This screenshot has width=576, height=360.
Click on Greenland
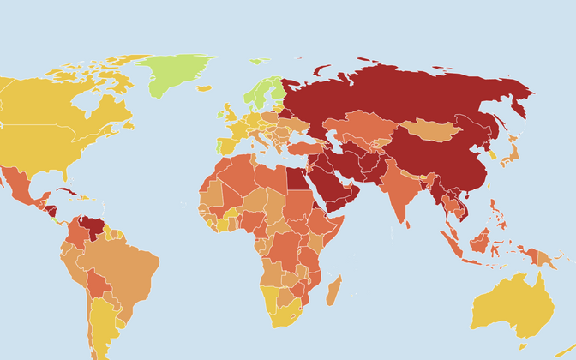pyautogui.click(x=176, y=73)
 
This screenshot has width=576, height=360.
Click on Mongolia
pyautogui.click(x=432, y=130)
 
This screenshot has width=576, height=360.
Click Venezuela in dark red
pyautogui.click(x=87, y=228)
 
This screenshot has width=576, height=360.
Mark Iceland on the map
pyautogui.click(x=203, y=87)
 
